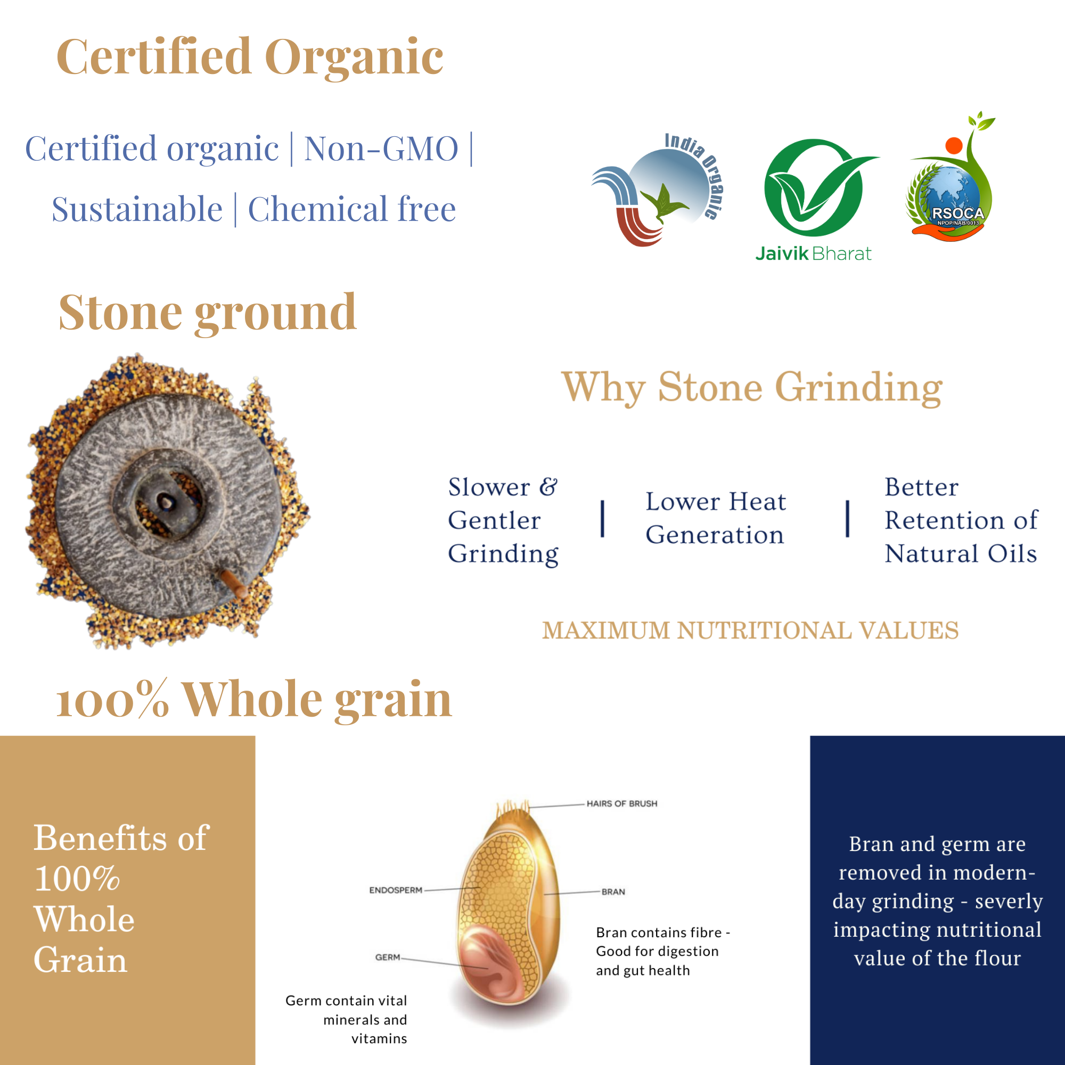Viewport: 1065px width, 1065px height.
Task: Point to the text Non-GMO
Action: click(x=381, y=149)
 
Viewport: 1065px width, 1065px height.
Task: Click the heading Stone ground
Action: click(x=207, y=313)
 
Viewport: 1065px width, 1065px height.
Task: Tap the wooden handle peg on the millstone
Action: click(x=234, y=584)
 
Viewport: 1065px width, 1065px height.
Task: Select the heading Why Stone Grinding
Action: click(x=752, y=388)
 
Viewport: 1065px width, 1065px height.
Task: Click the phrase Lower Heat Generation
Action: click(x=716, y=518)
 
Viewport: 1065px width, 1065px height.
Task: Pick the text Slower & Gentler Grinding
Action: click(x=503, y=520)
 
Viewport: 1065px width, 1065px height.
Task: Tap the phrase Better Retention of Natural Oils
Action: click(x=961, y=520)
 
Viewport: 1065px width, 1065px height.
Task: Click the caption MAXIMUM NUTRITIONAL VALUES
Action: click(x=750, y=630)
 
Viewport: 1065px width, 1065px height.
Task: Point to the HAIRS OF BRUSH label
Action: click(x=622, y=804)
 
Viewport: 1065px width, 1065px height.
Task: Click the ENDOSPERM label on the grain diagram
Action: click(x=396, y=890)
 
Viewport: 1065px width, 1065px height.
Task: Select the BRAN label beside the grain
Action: click(x=613, y=892)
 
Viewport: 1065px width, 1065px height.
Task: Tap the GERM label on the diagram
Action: click(x=388, y=957)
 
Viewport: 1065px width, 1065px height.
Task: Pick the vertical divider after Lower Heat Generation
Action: click(x=848, y=519)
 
